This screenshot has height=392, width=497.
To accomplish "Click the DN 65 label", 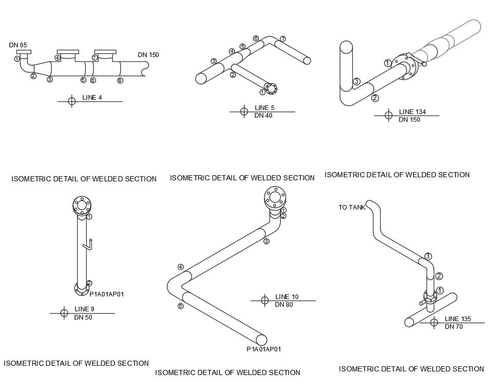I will point(18,45).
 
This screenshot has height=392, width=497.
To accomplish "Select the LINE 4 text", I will point(92,98).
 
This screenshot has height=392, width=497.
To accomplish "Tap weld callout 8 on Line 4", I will point(120,80).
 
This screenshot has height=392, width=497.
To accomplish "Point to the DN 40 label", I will point(263,116).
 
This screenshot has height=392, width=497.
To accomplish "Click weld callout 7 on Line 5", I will point(283,39).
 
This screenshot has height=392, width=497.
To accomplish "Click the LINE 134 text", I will point(412,112).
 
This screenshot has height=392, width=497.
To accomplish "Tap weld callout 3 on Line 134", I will point(356,81).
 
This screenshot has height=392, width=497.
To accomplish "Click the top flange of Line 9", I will point(82,205).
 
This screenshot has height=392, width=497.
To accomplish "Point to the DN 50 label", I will point(83,318).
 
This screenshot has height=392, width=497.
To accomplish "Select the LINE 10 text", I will point(286,297).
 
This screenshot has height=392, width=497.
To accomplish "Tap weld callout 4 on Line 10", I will point(181,267).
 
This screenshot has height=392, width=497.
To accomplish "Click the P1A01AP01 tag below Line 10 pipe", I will point(263,349).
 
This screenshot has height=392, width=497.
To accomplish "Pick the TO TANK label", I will point(352,208).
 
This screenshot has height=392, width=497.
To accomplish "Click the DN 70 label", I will point(453,327).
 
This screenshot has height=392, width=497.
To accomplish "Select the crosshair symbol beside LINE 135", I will point(434,323).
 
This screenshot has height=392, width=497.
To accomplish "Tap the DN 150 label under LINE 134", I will point(409,120).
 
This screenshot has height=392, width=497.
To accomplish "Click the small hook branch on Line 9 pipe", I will point(88,244).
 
